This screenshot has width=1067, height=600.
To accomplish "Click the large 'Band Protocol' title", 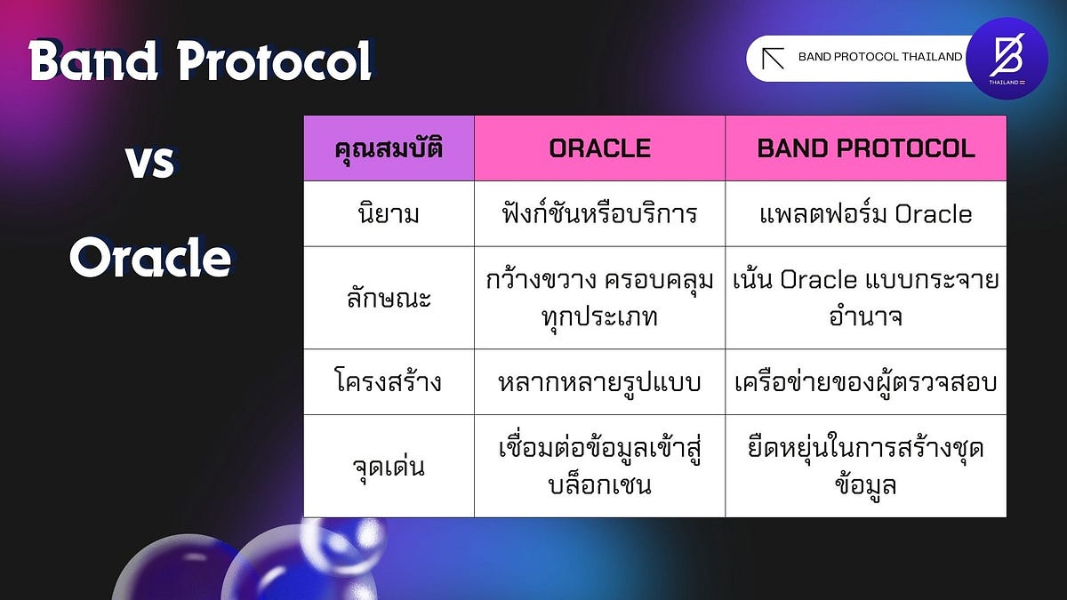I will (x=200, y=62).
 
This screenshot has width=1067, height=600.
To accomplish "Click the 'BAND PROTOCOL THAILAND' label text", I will (x=879, y=57).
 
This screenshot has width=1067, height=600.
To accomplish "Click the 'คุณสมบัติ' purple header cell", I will (x=389, y=148).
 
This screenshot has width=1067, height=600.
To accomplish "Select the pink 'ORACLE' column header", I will (x=599, y=148).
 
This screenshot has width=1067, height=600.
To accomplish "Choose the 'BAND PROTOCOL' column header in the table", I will (x=865, y=148).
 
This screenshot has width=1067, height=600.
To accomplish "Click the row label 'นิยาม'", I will (x=389, y=214).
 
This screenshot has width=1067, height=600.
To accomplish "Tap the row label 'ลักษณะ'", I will (x=389, y=298).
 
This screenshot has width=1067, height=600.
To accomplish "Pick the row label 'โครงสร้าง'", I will (x=389, y=383).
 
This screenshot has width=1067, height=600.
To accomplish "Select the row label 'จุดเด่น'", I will (x=389, y=467).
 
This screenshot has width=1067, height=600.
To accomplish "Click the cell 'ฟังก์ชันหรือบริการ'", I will (x=599, y=214).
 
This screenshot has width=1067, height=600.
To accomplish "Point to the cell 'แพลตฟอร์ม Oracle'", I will (x=865, y=214).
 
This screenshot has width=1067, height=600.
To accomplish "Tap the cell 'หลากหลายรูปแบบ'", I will (x=599, y=383).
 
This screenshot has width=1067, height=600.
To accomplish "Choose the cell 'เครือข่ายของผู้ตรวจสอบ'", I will (x=865, y=383).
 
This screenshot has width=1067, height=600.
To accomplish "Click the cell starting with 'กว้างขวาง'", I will (x=599, y=298).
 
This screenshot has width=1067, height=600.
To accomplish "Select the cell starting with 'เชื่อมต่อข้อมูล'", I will (x=599, y=467).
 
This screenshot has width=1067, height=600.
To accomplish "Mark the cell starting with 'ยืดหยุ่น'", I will (x=865, y=467).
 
